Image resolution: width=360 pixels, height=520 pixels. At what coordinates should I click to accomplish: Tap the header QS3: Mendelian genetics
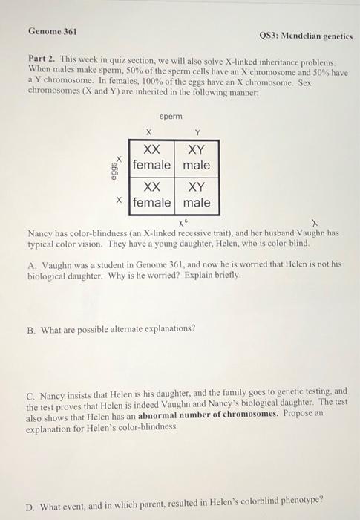click(305, 36)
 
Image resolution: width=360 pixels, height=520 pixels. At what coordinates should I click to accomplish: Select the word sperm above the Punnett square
click(171, 117)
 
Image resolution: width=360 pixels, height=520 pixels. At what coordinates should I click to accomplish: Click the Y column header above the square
click(197, 133)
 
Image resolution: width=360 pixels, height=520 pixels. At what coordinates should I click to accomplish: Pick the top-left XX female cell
click(152, 157)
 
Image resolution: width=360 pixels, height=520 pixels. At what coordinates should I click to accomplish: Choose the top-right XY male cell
click(197, 157)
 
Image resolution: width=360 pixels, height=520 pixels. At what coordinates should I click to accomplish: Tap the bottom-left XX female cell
click(152, 195)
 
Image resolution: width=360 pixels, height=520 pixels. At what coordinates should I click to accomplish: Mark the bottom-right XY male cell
click(197, 195)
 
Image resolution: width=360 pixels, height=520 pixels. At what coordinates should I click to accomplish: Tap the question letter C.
click(30, 391)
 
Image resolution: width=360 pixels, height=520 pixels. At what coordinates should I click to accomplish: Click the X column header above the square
click(148, 133)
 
